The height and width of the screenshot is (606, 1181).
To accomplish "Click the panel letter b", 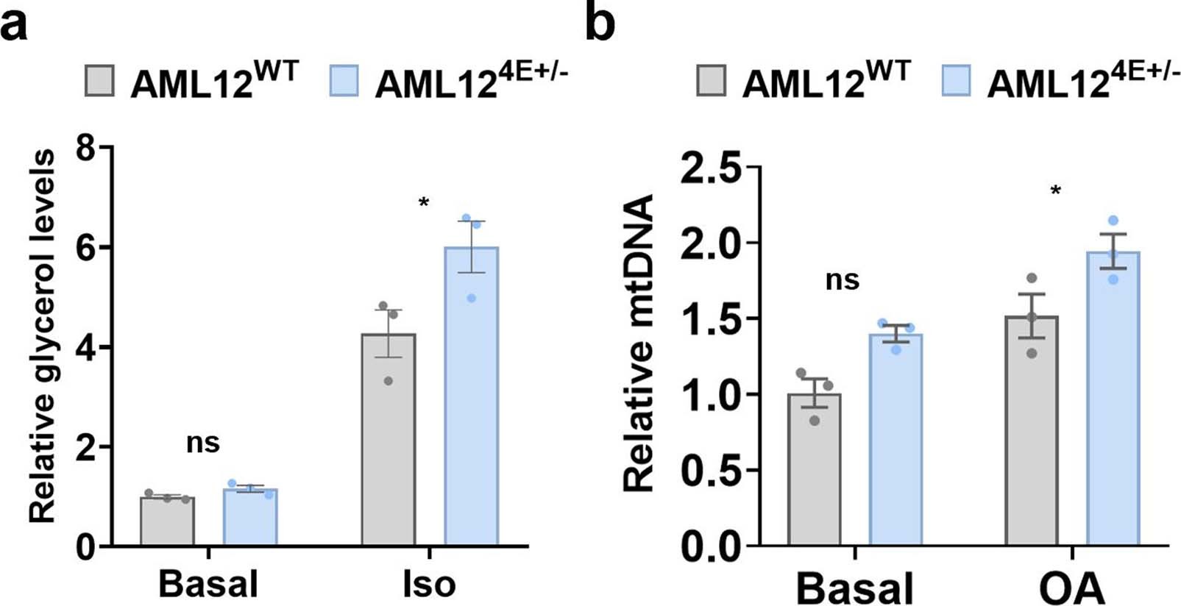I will (600, 24).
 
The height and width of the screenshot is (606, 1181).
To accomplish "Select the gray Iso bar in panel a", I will (388, 441).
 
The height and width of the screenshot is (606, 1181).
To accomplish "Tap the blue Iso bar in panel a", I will (471, 397).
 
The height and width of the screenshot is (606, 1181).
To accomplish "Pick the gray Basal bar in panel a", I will (167, 522).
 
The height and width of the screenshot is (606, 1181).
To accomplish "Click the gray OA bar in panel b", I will (1031, 434).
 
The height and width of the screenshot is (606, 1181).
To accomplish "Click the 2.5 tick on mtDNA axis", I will (711, 169).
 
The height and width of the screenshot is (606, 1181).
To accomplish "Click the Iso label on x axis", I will (429, 585).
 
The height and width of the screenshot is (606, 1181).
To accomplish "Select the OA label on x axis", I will (1072, 589).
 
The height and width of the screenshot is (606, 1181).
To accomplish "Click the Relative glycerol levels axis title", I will (42, 335).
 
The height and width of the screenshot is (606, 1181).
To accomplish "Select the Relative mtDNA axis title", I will (638, 343).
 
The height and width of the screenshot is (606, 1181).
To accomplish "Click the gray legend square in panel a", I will (99, 81).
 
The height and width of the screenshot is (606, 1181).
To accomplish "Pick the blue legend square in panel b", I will (955, 81).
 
